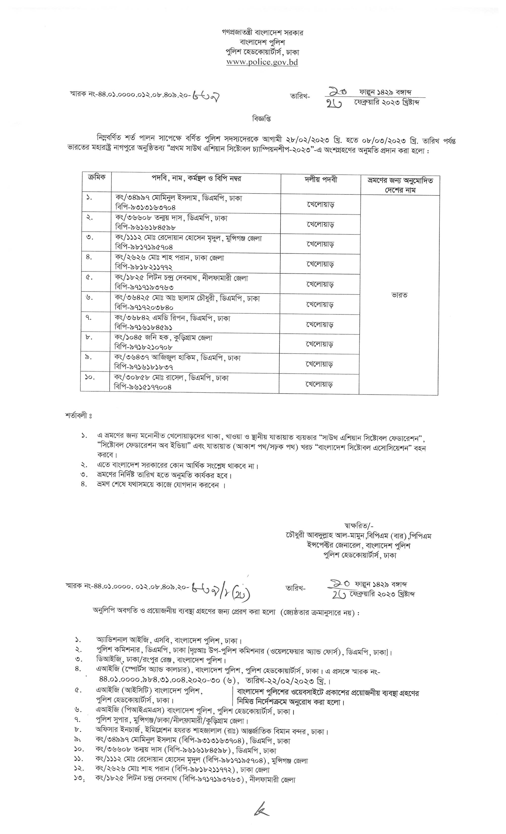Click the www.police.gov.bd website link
click(x=262, y=62)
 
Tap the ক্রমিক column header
click(x=96, y=178)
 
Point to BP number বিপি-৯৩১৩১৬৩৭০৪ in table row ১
click(x=145, y=207)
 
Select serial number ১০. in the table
click(x=90, y=377)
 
